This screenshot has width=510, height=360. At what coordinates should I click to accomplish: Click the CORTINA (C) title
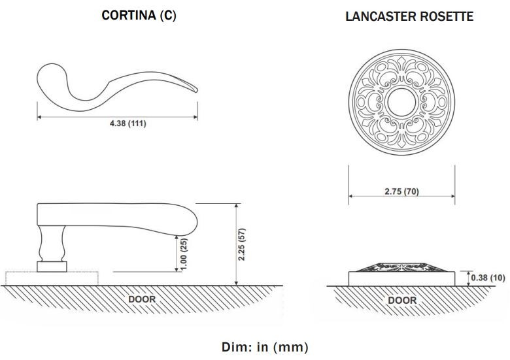tap(139, 16)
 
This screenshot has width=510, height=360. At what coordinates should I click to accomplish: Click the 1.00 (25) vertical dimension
tap(184, 254)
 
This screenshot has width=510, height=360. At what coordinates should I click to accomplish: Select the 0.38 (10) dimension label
tap(488, 278)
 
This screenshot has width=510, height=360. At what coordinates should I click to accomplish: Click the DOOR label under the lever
tap(142, 299)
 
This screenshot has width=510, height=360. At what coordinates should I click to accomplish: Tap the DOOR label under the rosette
tap(402, 301)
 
